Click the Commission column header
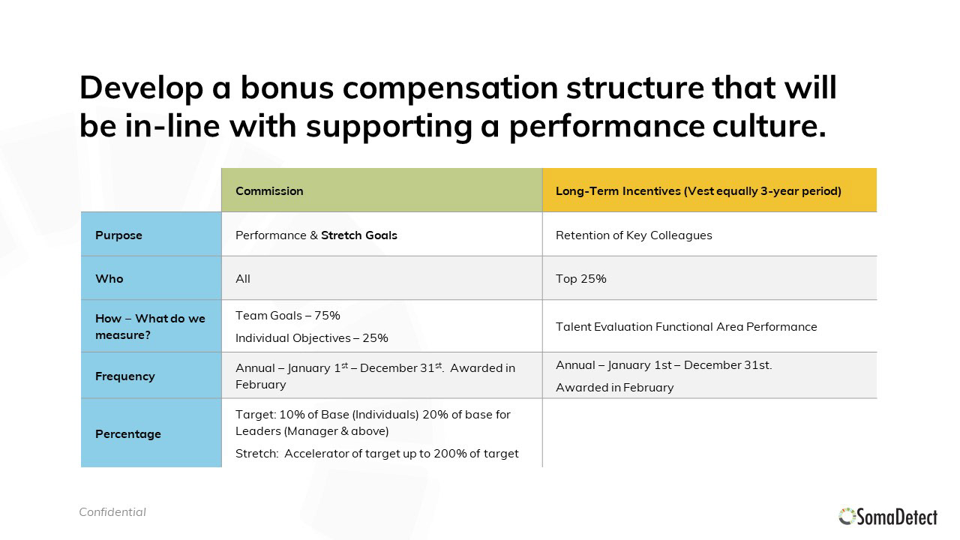(269, 190)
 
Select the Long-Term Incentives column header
(698, 190)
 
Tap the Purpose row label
(118, 235)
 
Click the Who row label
(109, 278)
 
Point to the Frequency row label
(124, 376)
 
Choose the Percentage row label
(128, 434)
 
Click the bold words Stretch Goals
(359, 235)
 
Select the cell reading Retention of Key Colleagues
(634, 235)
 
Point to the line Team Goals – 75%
(287, 316)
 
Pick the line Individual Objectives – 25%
(311, 338)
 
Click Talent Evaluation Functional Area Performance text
(686, 326)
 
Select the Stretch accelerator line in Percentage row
(376, 454)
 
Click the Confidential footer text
(112, 512)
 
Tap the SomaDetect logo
(887, 517)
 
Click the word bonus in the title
(286, 88)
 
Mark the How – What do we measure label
(150, 326)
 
